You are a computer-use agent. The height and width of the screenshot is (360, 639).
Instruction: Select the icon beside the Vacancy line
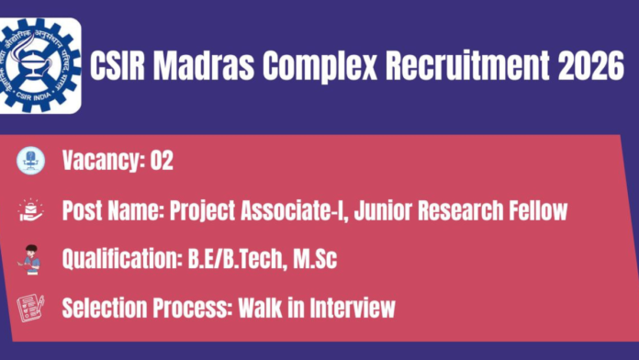point(29,161)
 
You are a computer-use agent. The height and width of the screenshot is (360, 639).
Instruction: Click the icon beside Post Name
point(29,210)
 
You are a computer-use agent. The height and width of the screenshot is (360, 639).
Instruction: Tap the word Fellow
point(534,210)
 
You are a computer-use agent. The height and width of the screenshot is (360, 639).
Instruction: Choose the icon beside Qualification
point(29,260)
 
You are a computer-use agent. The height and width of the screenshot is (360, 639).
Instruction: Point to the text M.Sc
point(314,259)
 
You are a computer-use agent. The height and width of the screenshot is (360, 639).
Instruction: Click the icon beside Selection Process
point(29,307)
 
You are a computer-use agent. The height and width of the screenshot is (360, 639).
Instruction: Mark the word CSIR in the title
point(123,66)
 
